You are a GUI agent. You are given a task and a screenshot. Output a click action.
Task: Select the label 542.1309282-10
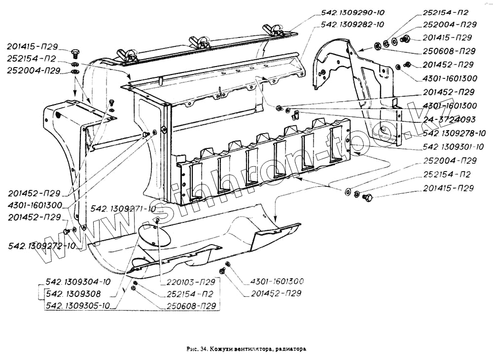point(352,24)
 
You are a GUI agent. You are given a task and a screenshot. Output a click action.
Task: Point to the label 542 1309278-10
point(454,133)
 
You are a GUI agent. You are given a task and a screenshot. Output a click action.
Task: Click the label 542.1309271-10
point(123,209)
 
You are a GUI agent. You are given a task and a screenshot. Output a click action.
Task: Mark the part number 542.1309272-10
point(42,246)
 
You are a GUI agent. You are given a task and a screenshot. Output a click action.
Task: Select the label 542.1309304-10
point(78,282)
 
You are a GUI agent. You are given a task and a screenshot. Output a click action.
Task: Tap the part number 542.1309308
point(73,294)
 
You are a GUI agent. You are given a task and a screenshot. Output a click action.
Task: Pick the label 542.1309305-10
point(78,306)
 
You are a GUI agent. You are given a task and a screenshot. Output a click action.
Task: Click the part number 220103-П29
point(187,282)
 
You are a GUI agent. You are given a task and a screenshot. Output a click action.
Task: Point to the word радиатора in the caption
point(290,349)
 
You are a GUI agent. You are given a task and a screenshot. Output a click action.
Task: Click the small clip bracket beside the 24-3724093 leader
point(296,116)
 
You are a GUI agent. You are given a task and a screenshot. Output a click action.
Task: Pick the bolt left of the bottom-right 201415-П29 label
point(367,198)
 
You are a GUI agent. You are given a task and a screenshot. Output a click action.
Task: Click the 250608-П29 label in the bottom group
point(189,306)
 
